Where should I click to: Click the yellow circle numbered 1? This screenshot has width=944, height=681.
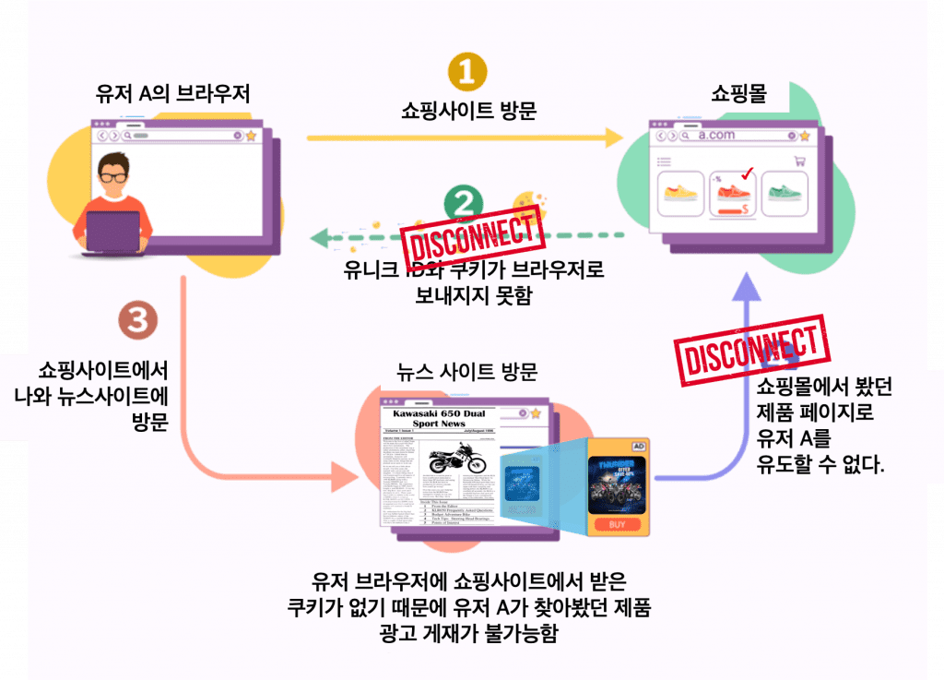(x=467, y=73)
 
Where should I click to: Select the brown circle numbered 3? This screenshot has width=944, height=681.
(x=138, y=322)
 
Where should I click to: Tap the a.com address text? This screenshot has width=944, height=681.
(x=716, y=135)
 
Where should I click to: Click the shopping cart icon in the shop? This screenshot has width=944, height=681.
(x=799, y=161)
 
